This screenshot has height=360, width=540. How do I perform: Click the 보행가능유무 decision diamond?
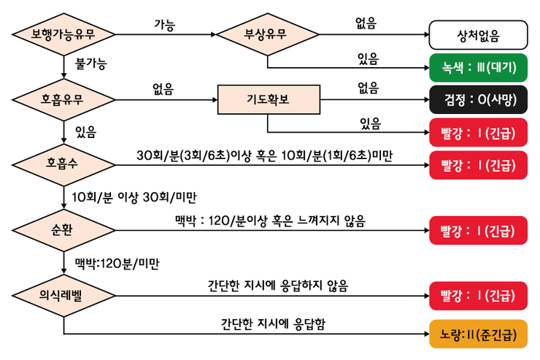tap(64, 34)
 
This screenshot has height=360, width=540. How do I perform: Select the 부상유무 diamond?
tap(267, 34)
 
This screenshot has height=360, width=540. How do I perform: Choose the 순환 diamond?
tap(64, 230)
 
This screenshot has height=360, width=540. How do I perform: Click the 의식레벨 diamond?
tap(64, 296)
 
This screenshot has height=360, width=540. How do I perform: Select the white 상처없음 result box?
tap(478, 34)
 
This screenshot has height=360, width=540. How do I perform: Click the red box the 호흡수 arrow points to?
tap(478, 165)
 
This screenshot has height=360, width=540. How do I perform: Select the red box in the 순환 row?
tap(478, 231)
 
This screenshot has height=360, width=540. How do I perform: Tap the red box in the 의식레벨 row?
tap(478, 296)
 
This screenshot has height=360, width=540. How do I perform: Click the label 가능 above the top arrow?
tap(164, 23)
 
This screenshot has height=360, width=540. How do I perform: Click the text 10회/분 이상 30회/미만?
tap(135, 197)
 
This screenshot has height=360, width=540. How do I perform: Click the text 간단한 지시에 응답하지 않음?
tap(277, 286)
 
